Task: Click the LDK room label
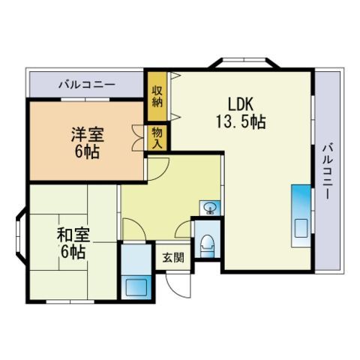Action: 241,104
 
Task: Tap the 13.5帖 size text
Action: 241,121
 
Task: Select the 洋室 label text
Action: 88,134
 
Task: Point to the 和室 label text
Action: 73,235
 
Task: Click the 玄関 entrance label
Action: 173,257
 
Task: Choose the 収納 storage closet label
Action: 157,96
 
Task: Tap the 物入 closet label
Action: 157,138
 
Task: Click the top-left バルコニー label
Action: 87,85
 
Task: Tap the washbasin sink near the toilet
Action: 210,208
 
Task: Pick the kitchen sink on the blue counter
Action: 301,228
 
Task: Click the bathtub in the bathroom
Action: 136,287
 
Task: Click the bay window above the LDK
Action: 244,62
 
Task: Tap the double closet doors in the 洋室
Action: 138,138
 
